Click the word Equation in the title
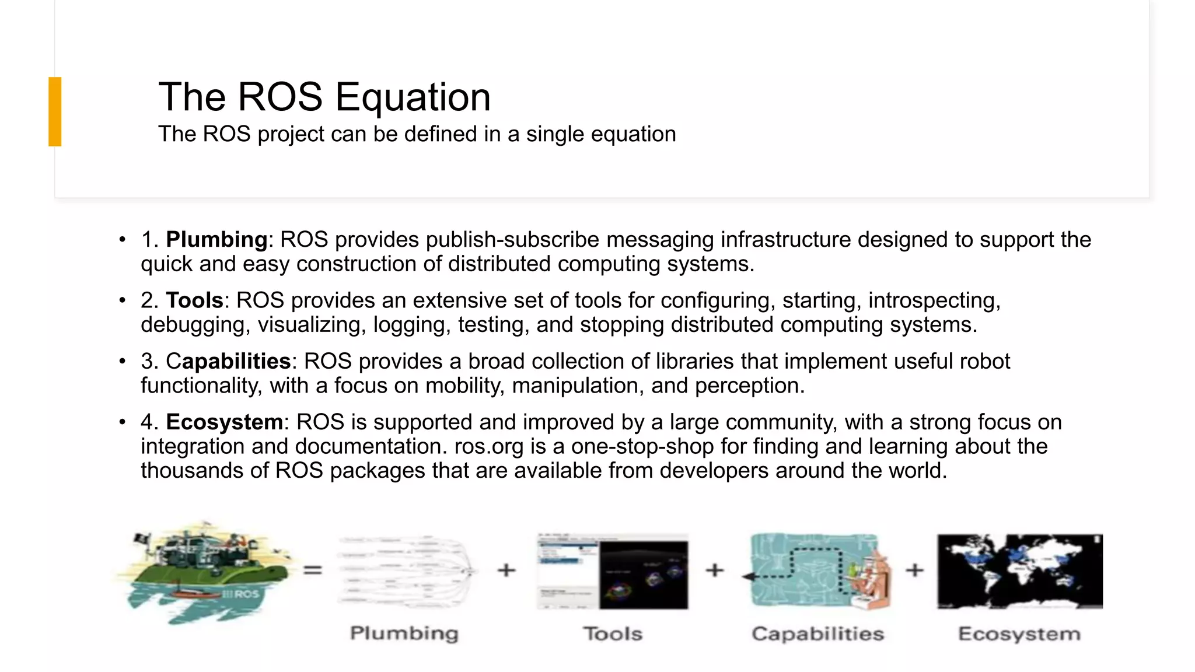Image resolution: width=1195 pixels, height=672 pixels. click(413, 97)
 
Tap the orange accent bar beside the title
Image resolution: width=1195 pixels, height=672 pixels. click(55, 111)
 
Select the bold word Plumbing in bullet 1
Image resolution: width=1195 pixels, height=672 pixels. click(216, 240)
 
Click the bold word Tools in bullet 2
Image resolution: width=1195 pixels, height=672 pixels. click(194, 300)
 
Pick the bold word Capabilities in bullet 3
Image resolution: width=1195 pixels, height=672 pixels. click(228, 362)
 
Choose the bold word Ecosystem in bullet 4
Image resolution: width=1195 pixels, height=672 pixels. click(225, 422)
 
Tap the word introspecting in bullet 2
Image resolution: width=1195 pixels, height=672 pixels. click(933, 300)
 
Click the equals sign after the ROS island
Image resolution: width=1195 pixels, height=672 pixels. click(313, 570)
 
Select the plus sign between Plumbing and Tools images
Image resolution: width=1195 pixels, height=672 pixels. click(506, 570)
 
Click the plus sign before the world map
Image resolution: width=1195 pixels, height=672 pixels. click(914, 570)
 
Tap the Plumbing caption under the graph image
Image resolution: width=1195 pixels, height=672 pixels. click(404, 633)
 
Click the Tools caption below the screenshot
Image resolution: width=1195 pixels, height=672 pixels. click(613, 634)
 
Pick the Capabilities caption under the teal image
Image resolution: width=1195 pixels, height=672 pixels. click(817, 634)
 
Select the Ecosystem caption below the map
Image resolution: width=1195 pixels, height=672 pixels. click(1019, 634)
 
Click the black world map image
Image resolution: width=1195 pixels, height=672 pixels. click(1019, 571)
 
